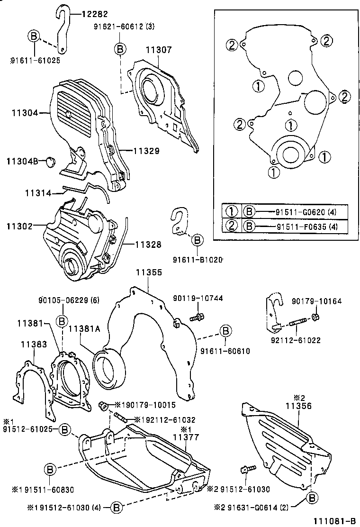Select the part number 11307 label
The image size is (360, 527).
(x=160, y=49)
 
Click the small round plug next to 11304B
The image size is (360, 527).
(x=49, y=162)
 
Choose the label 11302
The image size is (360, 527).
(x=18, y=227)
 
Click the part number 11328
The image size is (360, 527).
(x=148, y=245)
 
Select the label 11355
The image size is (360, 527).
(x=149, y=273)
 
